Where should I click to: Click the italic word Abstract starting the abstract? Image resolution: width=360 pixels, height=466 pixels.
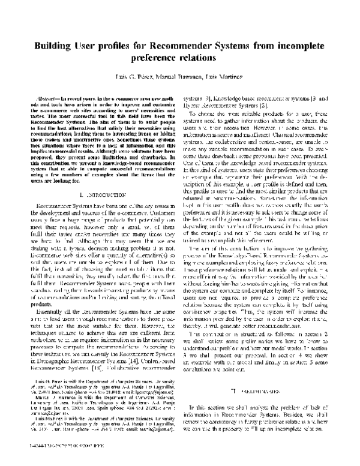[x=48, y=97]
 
